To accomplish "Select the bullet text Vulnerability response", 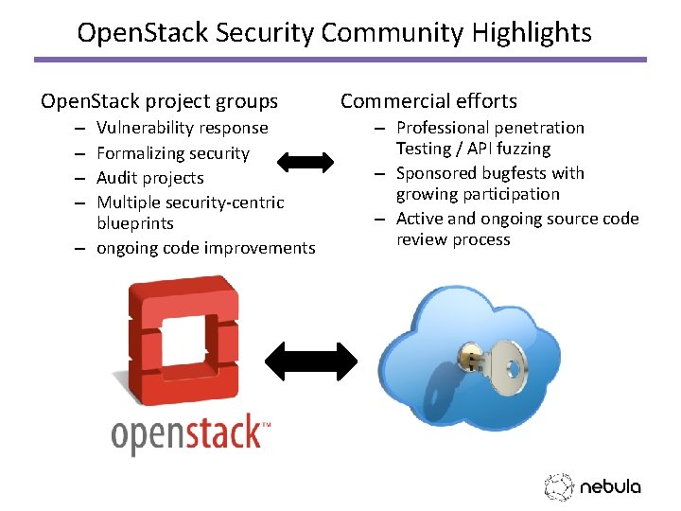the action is click(183, 128).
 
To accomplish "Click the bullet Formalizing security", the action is click(173, 153).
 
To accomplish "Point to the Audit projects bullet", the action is click(150, 178).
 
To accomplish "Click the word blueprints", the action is click(135, 223).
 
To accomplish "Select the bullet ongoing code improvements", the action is click(206, 248).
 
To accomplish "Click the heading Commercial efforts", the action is click(428, 101).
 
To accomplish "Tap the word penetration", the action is click(539, 128).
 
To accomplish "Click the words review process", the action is click(453, 239).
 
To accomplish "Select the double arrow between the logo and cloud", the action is click(311, 361).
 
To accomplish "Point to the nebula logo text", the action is click(610, 487).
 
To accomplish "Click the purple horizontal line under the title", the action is click(340, 60).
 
